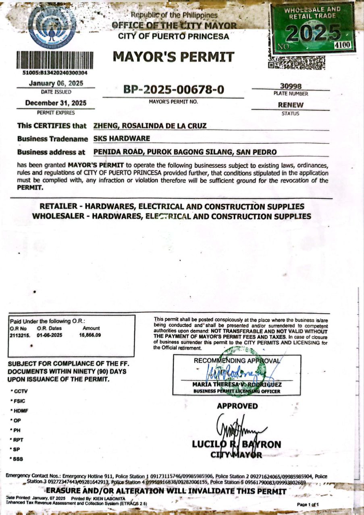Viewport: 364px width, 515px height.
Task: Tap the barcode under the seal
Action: pos(55,60)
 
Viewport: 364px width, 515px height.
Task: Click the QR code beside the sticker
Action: pos(297,63)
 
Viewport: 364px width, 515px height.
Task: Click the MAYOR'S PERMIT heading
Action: pos(173,57)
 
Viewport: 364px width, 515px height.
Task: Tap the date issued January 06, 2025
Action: pos(56,83)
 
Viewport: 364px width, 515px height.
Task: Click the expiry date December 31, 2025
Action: pos(56,103)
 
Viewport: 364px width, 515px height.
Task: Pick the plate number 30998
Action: pos(290,86)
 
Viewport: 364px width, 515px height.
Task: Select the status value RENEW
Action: pos(290,105)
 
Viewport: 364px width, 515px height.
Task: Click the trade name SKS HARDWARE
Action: pos(122,138)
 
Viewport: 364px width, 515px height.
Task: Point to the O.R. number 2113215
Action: pos(19,335)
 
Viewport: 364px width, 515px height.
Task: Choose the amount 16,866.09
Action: pos(90,335)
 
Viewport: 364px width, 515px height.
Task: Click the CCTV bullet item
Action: pos(21,391)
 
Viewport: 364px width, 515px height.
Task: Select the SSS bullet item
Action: pos(19,459)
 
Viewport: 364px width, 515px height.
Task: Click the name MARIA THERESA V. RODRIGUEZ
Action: pos(237,384)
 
